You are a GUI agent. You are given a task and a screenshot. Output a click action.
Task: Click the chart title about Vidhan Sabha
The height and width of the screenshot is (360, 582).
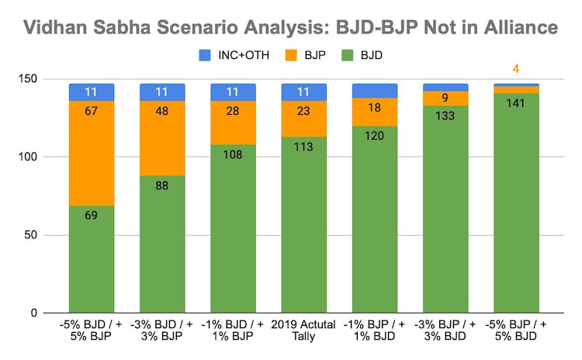(x=291, y=27)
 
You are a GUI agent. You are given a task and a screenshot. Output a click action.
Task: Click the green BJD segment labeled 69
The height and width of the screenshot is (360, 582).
(x=91, y=259)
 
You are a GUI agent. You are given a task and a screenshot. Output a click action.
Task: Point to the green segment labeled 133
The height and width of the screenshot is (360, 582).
(x=445, y=209)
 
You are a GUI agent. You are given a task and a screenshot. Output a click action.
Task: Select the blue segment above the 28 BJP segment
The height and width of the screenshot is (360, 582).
(x=233, y=92)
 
